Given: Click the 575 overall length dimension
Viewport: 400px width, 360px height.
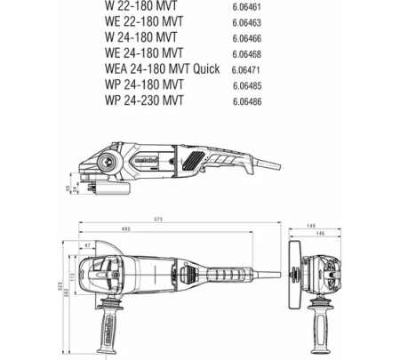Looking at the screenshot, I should [x=182, y=218].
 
